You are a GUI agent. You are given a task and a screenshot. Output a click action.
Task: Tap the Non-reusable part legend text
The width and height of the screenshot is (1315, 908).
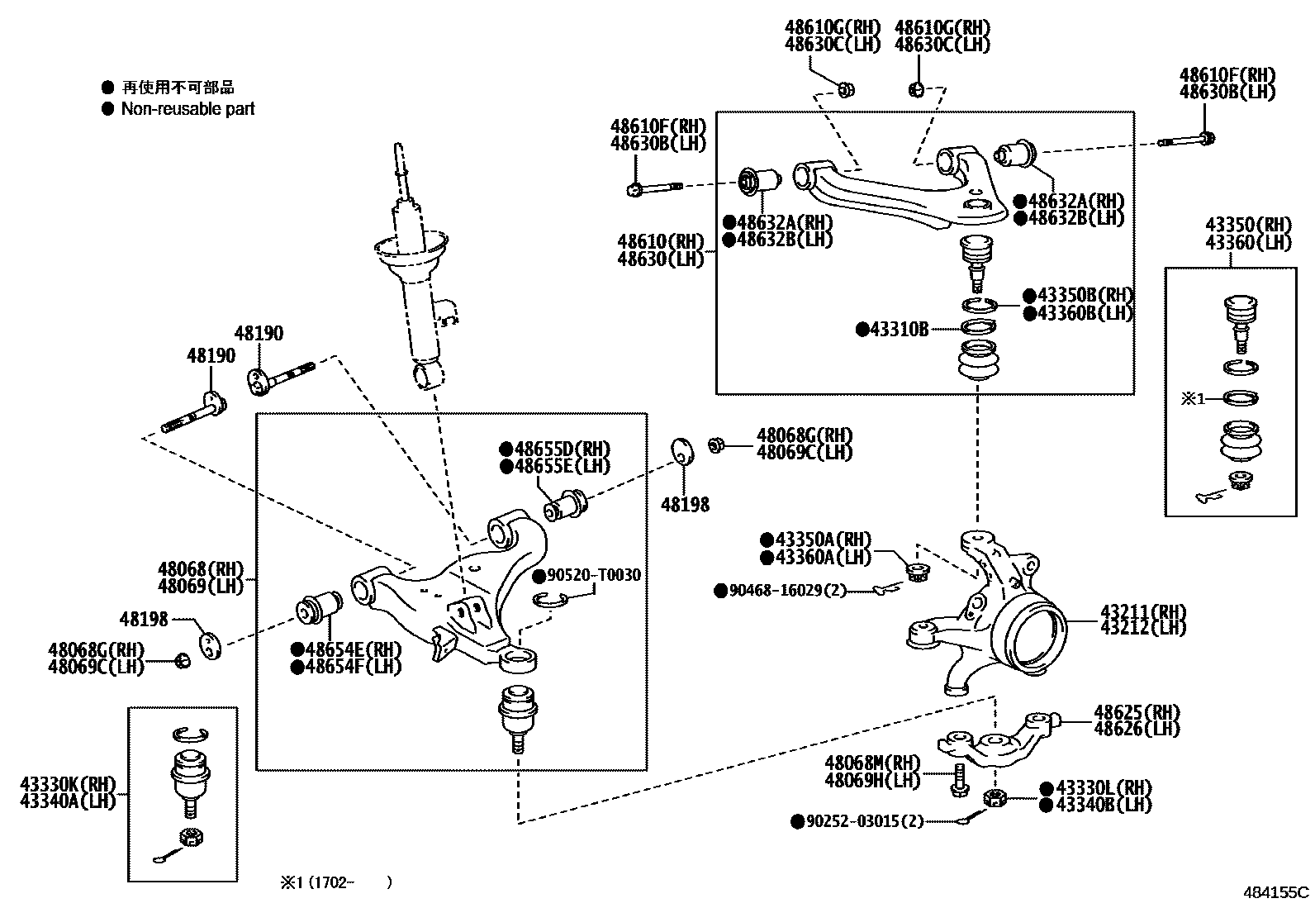pyautogui.click(x=188, y=109)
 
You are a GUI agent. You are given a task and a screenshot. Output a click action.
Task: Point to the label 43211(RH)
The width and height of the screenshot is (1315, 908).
pyautogui.click(x=1142, y=611)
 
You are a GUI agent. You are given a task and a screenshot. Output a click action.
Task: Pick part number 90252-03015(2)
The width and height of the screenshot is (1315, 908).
pyautogui.click(x=864, y=821)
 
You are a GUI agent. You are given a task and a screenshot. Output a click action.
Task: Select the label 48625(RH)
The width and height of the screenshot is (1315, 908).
pyautogui.click(x=1137, y=712)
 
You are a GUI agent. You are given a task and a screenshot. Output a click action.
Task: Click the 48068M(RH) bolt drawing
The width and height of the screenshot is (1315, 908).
pyautogui.click(x=959, y=780)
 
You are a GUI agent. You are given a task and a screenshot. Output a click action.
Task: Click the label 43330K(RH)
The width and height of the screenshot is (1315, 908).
pyautogui.click(x=68, y=784)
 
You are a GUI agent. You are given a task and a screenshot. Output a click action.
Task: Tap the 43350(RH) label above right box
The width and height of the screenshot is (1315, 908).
pyautogui.click(x=1247, y=225)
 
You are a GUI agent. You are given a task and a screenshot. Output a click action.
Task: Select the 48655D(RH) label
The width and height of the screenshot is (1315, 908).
pyautogui.click(x=562, y=449)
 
